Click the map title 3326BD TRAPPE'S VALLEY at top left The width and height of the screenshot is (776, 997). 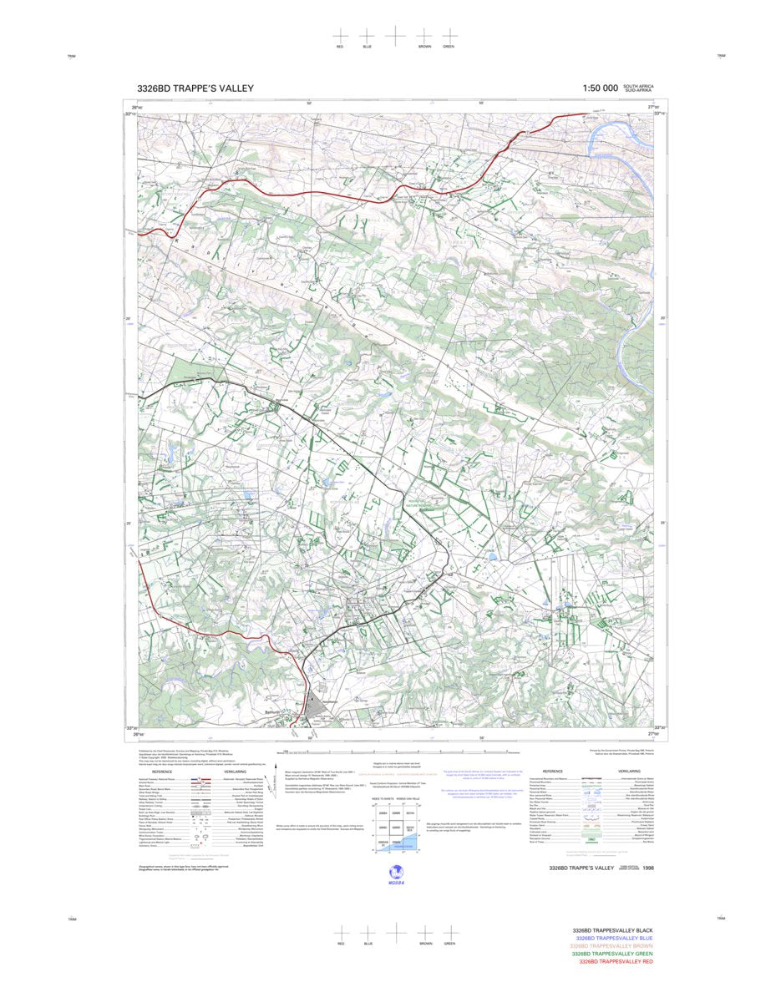[195, 89]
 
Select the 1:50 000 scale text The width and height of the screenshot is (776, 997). [600, 89]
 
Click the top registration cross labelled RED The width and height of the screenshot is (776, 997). [340, 36]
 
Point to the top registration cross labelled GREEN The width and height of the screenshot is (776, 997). [449, 36]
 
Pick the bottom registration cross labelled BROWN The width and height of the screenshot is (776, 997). [424, 931]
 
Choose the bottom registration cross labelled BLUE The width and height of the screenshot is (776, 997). [367, 931]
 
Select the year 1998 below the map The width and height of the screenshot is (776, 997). [649, 868]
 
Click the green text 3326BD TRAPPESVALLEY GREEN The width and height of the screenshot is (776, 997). [612, 954]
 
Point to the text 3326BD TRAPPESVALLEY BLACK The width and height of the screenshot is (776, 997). [612, 930]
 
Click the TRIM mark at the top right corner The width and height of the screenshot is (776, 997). [721, 56]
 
